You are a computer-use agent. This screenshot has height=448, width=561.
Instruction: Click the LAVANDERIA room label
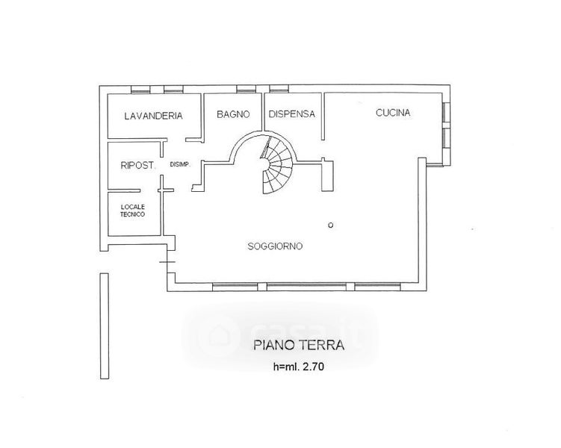pyautogui.click(x=154, y=116)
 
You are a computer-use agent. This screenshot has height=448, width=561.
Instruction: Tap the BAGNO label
pyautogui.click(x=232, y=114)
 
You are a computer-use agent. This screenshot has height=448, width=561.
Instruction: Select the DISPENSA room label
pyautogui.click(x=291, y=114)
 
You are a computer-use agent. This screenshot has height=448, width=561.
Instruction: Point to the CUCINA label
pyautogui.click(x=393, y=113)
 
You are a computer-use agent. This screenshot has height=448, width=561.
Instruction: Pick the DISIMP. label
pyautogui.click(x=181, y=165)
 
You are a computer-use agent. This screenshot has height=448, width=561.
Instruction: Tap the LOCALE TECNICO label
pyautogui.click(x=133, y=211)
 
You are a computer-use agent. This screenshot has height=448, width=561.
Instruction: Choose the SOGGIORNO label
pyautogui.click(x=275, y=246)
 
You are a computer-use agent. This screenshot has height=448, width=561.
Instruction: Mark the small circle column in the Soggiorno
pyautogui.click(x=330, y=225)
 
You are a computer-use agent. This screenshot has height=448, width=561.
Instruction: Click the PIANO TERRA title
pyautogui.click(x=297, y=346)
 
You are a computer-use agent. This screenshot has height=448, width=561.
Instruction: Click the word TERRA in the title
pyautogui.click(x=322, y=346)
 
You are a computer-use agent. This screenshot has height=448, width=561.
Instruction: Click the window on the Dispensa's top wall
pyautogui.click(x=279, y=90)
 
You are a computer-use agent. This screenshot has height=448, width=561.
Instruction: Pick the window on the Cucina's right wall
pyautogui.click(x=445, y=127)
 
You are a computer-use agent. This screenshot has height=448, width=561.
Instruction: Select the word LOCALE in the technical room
pyautogui.click(x=133, y=206)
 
